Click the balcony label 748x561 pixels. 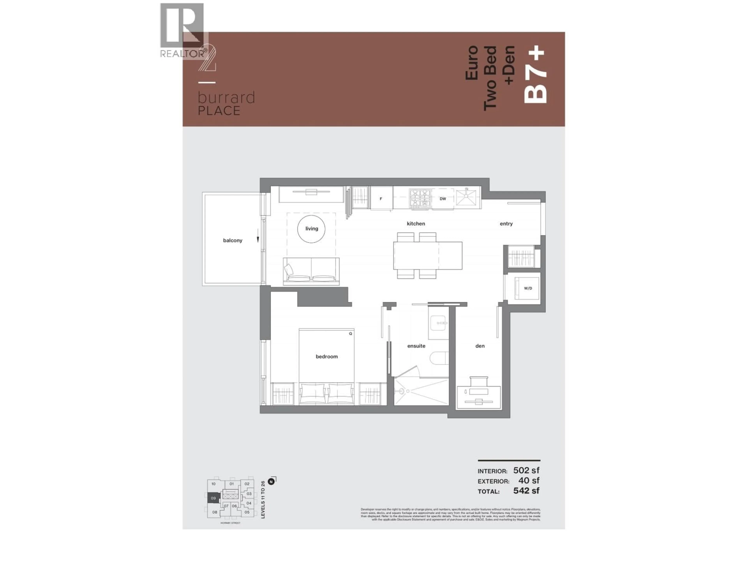point(232,240)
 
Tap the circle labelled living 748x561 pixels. point(311,229)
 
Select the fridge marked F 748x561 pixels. point(381,198)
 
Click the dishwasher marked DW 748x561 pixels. point(443,199)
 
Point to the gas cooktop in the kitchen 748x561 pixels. point(420,198)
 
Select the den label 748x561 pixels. point(480,346)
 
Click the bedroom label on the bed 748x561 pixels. point(326,356)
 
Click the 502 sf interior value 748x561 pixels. point(526,470)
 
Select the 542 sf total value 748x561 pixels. point(526,491)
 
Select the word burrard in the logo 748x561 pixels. point(226,98)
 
